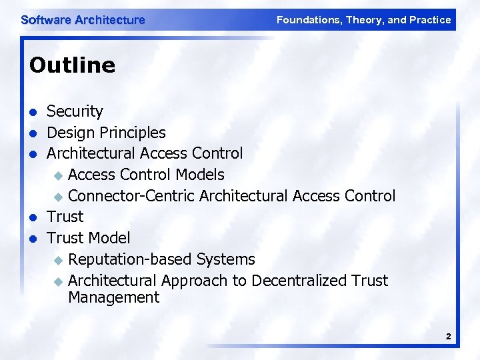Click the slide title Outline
click(x=72, y=65)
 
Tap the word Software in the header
click(x=46, y=20)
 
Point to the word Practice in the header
click(x=431, y=20)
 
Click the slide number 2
click(x=449, y=337)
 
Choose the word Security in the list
click(x=75, y=111)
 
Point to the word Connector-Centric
click(x=131, y=196)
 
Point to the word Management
click(x=113, y=298)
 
